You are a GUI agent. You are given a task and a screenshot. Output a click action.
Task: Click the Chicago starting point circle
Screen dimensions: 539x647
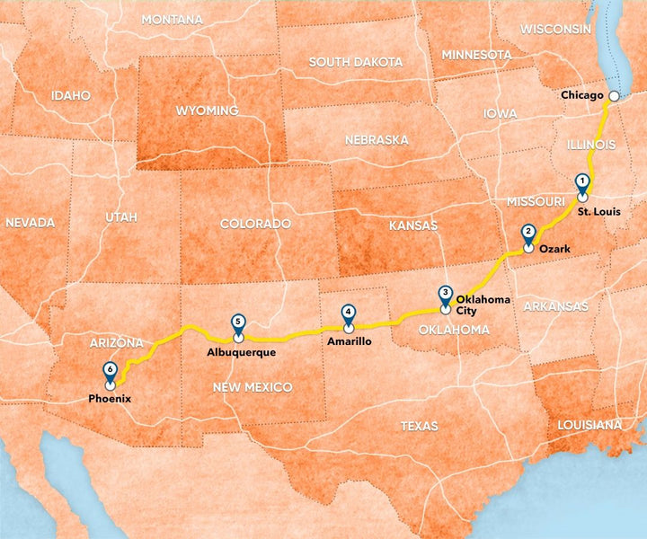pos(614,95)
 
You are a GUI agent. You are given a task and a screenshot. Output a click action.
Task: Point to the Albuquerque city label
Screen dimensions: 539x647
pos(241,352)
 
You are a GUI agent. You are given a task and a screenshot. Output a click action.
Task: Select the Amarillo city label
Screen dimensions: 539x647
pos(350,341)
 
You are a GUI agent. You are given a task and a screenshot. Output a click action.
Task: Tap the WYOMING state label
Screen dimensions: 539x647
pos(208,110)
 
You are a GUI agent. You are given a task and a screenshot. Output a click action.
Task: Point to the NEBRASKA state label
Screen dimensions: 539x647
pos(377,140)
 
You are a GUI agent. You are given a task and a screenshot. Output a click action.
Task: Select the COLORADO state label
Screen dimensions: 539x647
pos(256,223)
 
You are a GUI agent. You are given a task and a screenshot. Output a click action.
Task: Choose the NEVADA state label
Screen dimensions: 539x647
pos(30,222)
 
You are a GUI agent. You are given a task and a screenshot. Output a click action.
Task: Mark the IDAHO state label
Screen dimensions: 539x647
pos(71,94)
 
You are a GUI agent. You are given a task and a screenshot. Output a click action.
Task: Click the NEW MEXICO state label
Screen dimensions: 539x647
pos(253,386)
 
